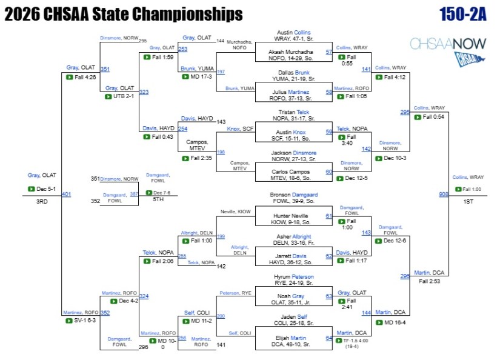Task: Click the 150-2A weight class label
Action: click(463, 15)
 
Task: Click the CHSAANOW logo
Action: click(448, 51)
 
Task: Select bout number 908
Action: click(444, 194)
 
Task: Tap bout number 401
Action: click(66, 194)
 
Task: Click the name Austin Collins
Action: click(294, 33)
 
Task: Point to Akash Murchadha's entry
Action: click(290, 55)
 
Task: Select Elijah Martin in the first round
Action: click(290, 341)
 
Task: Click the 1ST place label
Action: click(468, 202)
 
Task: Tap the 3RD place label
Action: click(42, 202)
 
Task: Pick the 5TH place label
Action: click(158, 199)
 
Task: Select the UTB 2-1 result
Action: click(124, 96)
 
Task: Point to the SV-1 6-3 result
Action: click(85, 320)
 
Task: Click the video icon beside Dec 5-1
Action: click(32, 188)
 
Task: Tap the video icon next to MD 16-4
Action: click(379, 322)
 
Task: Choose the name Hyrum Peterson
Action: click(294, 277)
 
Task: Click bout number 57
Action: click(328, 52)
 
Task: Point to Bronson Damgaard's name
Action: click(294, 195)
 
